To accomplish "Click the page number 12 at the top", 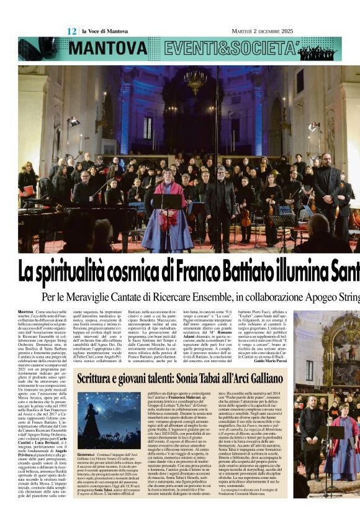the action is click(71, 30).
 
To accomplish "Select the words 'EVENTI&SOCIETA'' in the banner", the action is click(226, 48).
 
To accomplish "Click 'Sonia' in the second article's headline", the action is click(204, 379).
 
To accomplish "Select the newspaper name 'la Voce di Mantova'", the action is click(104, 30).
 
